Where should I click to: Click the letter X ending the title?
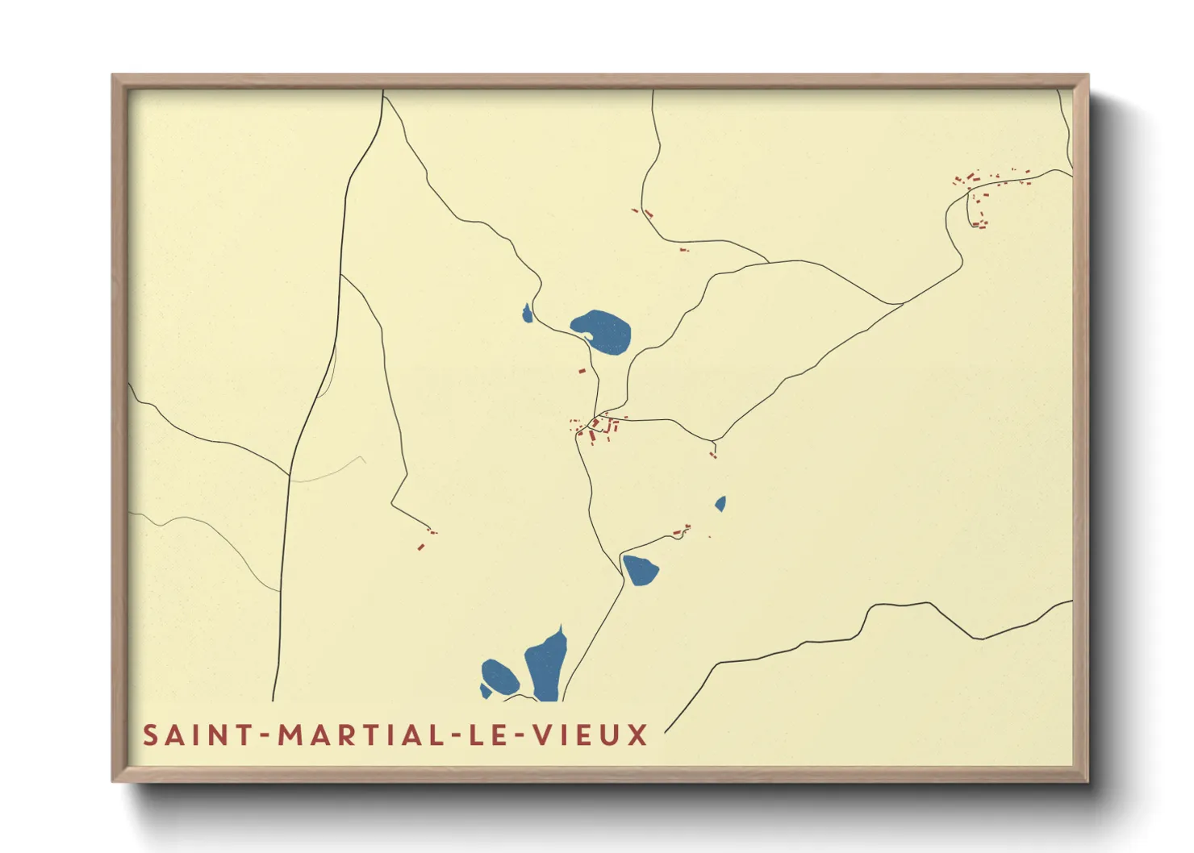coord(638,735)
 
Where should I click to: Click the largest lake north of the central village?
coord(603,331)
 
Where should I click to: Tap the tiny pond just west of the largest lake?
coord(527,314)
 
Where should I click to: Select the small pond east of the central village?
coord(720,504)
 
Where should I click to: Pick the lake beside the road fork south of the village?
coord(641,569)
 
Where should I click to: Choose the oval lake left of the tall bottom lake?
coord(499,676)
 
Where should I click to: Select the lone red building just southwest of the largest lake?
coord(582,371)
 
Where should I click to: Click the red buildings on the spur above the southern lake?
coord(683,531)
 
